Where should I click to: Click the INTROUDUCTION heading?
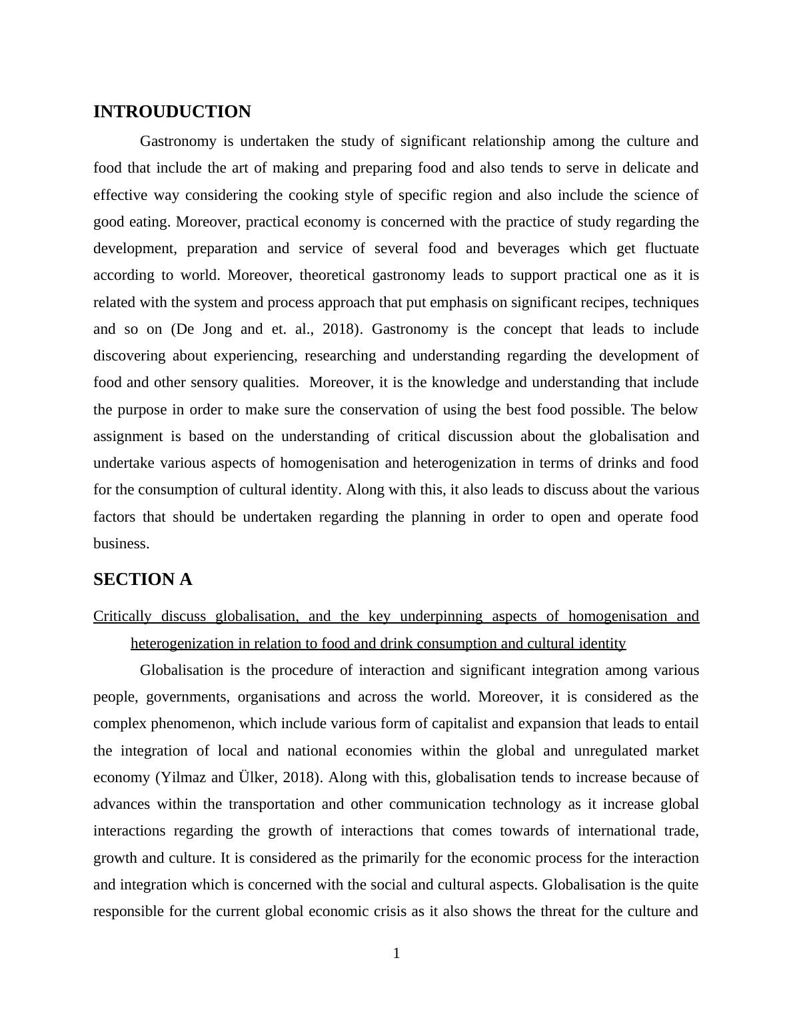click(x=172, y=112)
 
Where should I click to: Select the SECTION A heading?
click(x=143, y=580)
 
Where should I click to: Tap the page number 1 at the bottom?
click(x=396, y=953)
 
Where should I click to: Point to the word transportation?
click(x=271, y=804)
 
